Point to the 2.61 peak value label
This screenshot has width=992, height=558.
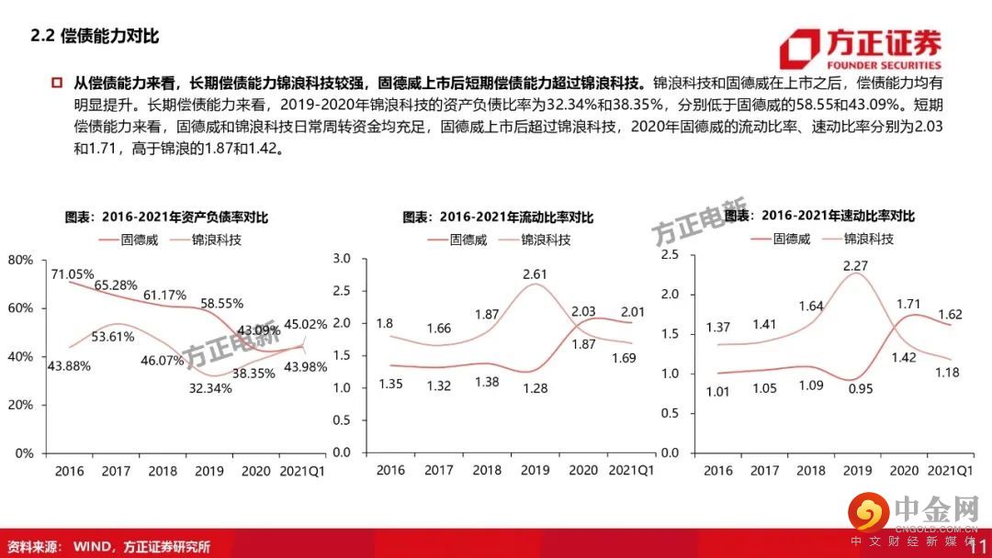coord(535,273)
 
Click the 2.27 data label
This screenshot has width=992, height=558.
coord(857,267)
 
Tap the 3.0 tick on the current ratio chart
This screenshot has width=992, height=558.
coord(342,260)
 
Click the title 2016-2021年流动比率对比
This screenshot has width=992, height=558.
coord(499,218)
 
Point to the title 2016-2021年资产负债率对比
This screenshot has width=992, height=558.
coord(172,218)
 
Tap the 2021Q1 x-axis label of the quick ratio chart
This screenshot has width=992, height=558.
coord(952,470)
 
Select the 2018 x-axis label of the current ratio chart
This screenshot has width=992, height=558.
coord(487,470)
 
